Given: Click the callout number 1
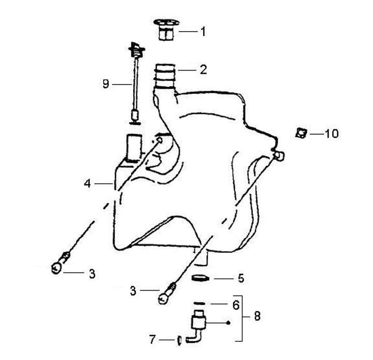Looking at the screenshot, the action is click(x=203, y=32).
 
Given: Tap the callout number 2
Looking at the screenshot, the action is click(x=203, y=69).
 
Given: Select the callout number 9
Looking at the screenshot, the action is click(x=106, y=83).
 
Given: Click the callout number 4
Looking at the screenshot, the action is click(x=88, y=183).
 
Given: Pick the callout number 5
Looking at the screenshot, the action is click(x=240, y=278).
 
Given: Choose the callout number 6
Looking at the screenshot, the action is click(x=236, y=305).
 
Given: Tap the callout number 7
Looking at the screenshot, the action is click(x=152, y=340).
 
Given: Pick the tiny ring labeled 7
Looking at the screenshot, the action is click(x=179, y=340).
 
